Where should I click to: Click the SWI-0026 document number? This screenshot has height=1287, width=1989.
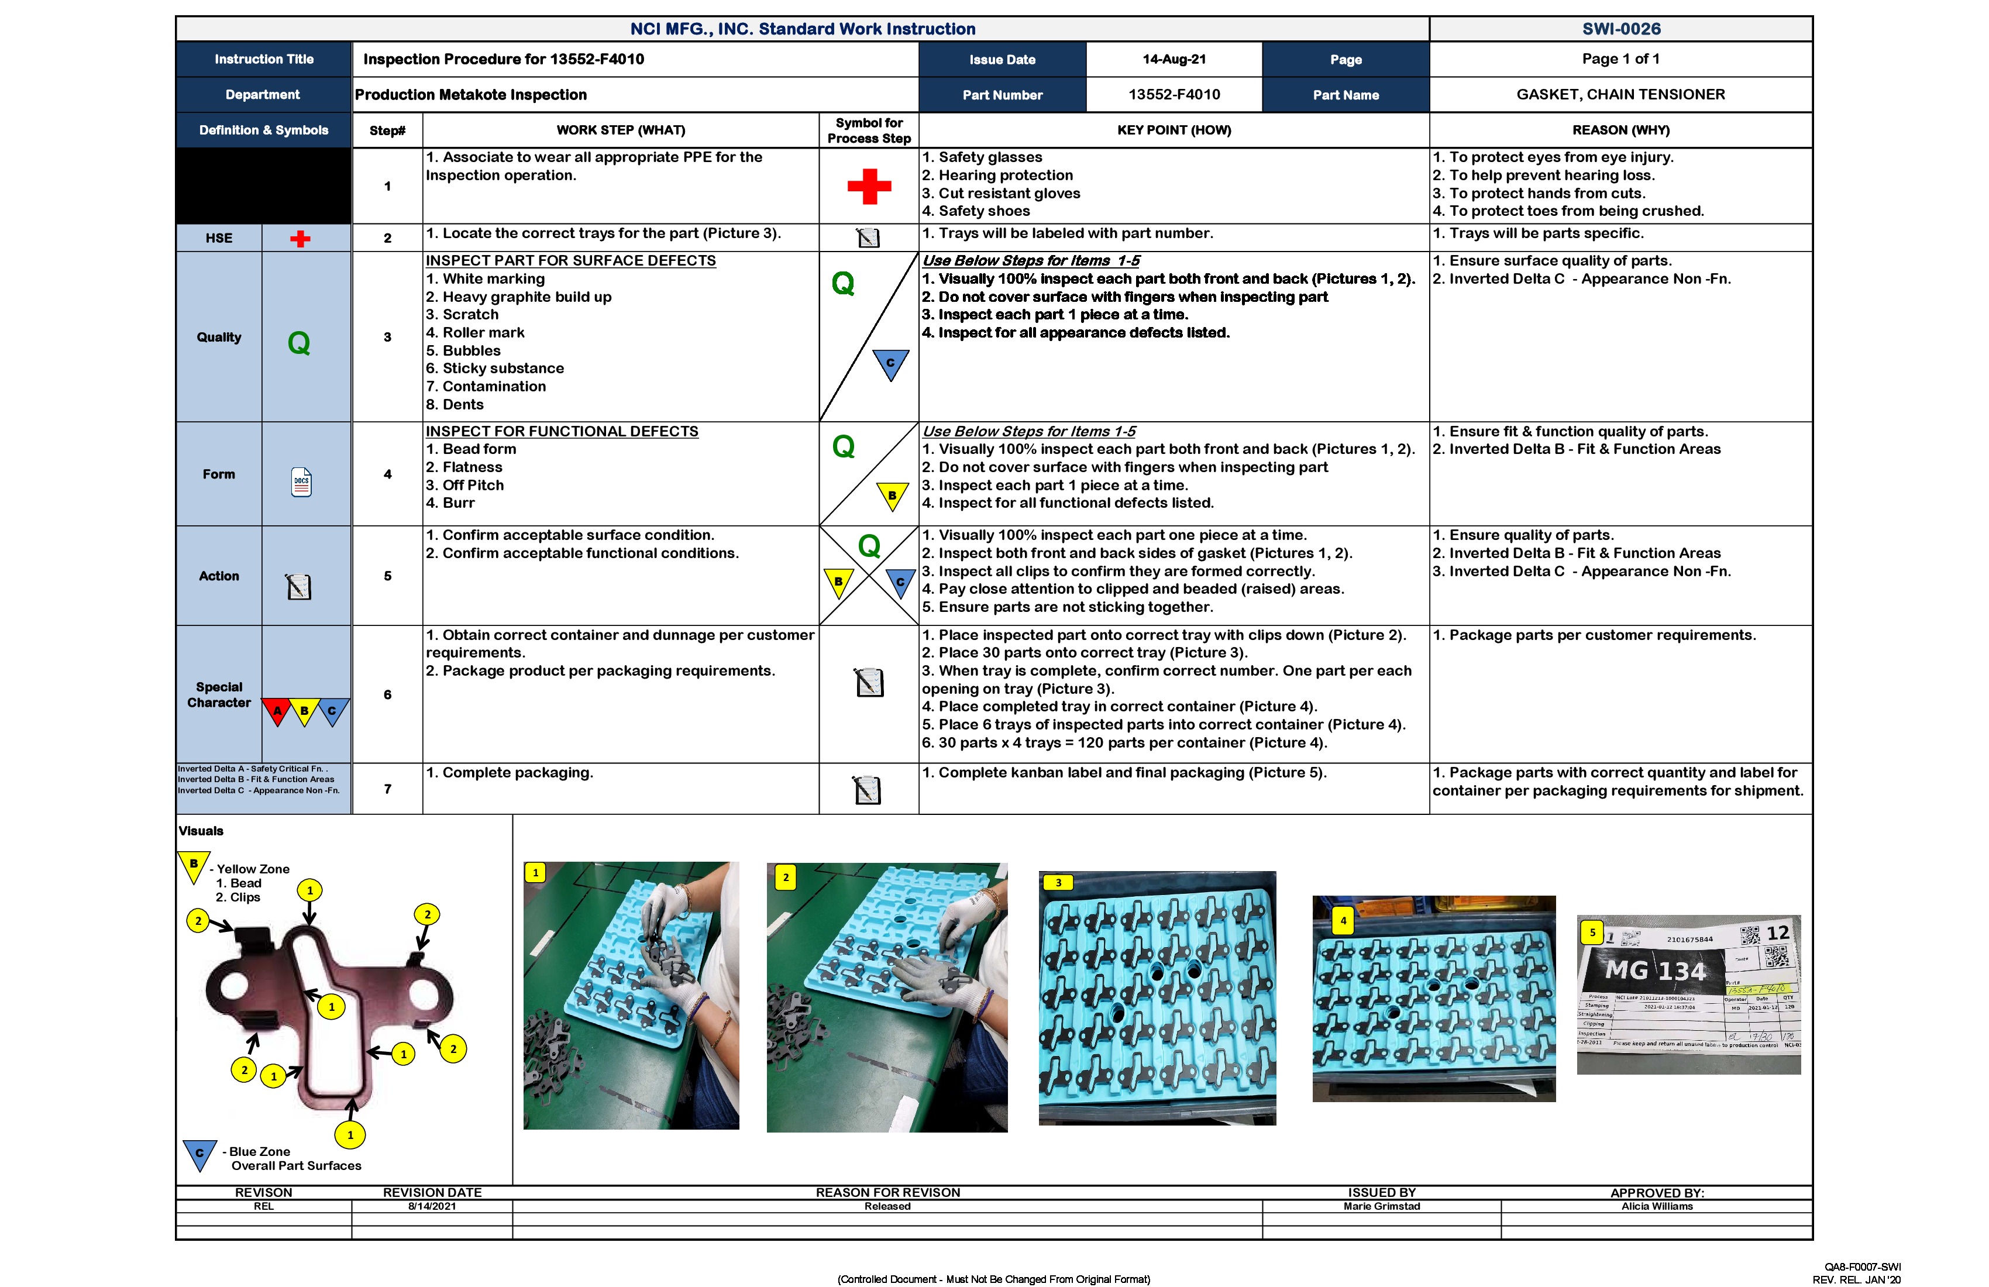(1620, 29)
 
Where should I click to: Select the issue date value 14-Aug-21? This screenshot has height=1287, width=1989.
(1174, 59)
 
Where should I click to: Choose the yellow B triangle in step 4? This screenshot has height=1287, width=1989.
(892, 495)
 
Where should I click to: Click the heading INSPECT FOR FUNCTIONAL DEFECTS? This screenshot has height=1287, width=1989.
(562, 431)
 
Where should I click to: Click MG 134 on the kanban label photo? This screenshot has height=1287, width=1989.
(1655, 971)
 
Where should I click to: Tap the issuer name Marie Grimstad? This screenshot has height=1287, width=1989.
(1381, 1206)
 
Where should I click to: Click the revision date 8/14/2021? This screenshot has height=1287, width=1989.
(432, 1206)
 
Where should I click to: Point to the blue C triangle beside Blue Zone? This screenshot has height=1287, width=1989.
(199, 1154)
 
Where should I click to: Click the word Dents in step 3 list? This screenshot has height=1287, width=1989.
(463, 404)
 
